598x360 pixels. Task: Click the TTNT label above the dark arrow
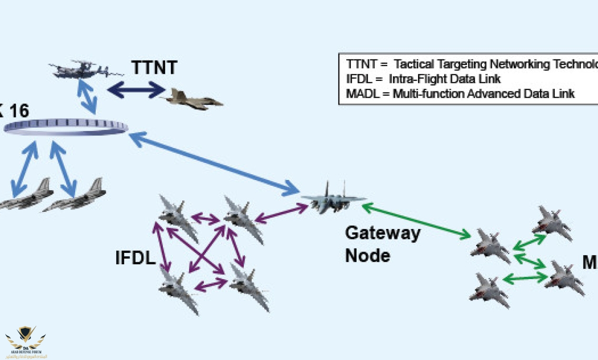click(154, 67)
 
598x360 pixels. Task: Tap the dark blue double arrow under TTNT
click(136, 89)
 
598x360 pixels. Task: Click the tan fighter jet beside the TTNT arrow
click(193, 99)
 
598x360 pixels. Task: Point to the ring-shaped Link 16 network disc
click(66, 127)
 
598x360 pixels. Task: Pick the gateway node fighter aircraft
click(333, 200)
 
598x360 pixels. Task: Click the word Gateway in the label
click(382, 233)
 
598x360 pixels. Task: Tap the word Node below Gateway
click(368, 256)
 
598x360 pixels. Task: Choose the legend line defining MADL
click(460, 94)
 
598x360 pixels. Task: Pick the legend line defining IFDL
click(423, 79)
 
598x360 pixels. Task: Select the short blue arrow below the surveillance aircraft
click(87, 96)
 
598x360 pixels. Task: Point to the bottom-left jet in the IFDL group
click(178, 289)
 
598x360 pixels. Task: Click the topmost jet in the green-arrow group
click(552, 222)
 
